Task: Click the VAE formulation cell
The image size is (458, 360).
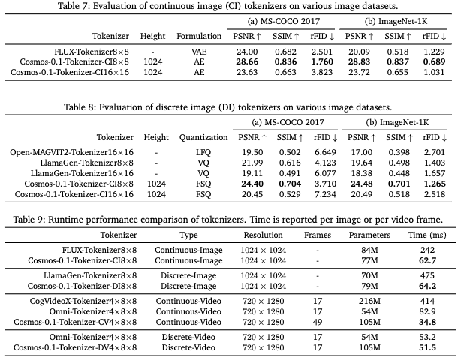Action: point(199,52)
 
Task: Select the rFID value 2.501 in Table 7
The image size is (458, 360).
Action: point(321,52)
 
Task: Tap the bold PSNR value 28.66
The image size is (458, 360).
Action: point(247,61)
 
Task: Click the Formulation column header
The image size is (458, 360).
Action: point(199,36)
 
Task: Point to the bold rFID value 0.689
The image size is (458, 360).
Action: point(434,61)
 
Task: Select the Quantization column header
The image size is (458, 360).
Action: point(203,137)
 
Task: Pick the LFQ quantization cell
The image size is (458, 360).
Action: point(203,152)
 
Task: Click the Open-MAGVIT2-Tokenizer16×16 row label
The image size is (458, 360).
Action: point(71,152)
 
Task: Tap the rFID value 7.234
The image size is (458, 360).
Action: point(325,194)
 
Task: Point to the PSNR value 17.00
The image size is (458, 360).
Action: point(362,152)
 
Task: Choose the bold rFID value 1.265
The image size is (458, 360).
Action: point(435,184)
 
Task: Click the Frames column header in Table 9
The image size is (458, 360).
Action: point(318,235)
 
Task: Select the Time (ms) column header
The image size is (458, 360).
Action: point(427,235)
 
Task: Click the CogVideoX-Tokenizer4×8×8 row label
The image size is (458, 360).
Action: point(83,301)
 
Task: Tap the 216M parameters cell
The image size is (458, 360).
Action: point(369,301)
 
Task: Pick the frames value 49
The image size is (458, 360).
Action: point(318,322)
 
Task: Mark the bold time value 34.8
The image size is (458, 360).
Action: point(427,322)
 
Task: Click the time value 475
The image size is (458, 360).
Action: point(427,275)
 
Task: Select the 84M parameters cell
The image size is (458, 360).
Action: point(369,250)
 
